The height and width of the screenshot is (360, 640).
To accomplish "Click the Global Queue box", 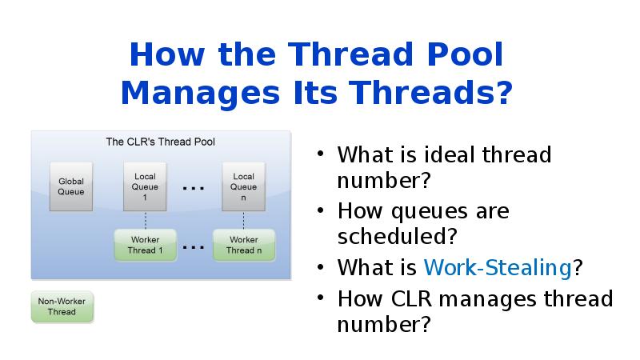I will pos(71,186).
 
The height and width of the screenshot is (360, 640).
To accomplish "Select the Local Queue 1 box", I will pos(145,186).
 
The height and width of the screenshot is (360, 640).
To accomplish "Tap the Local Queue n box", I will pos(243,186).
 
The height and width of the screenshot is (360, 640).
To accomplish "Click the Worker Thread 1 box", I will pos(145,245).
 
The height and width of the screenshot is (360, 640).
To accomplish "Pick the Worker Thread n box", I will pos(243,245).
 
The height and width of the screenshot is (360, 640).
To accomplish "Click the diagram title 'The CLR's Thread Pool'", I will pos(160,142).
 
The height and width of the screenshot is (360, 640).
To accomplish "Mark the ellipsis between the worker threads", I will pos(194,247).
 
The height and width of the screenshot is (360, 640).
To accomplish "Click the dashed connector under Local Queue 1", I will pos(145,220).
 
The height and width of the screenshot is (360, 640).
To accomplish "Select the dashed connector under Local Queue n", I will pos(243,220).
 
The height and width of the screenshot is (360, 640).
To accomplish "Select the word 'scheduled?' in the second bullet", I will pos(397,238).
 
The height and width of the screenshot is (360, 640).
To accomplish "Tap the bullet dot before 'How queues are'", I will pos(321,211).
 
